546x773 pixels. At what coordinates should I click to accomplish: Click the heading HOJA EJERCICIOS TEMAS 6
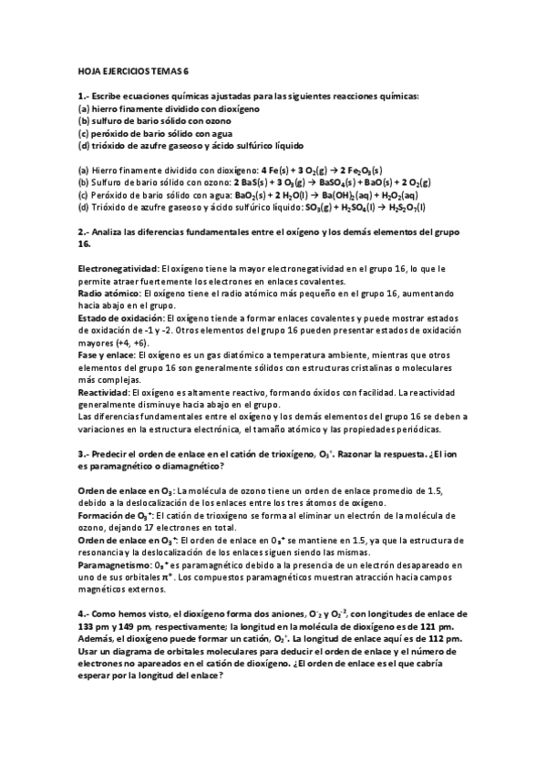coord(134,70)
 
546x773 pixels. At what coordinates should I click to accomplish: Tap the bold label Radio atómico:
coord(107,294)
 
